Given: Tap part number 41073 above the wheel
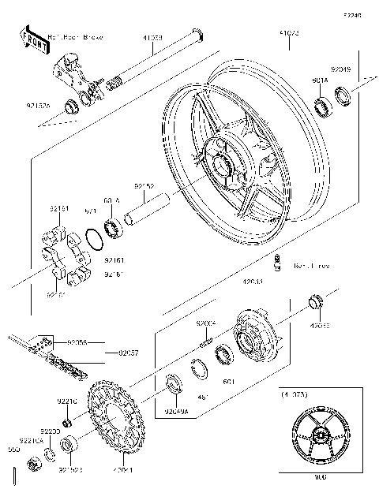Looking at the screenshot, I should click(288, 33).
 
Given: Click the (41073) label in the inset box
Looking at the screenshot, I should click(295, 393).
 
